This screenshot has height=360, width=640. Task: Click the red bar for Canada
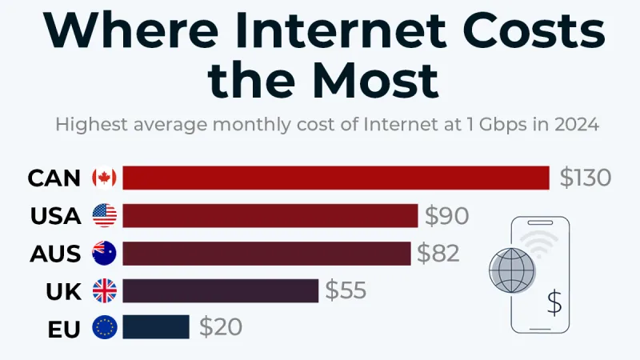[x=336, y=178]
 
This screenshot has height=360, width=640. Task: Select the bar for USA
[x=270, y=216]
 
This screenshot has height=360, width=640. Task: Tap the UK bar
[x=221, y=290]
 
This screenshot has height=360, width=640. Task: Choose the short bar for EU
[x=156, y=327]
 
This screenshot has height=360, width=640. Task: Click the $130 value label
[x=585, y=178]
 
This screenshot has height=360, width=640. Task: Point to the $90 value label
[x=446, y=216]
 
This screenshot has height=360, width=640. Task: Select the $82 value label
[x=438, y=254]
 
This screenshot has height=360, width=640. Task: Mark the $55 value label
[x=346, y=290]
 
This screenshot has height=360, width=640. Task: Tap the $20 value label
[x=220, y=327]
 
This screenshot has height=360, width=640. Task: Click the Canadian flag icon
[x=104, y=178]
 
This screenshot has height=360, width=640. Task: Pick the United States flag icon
[x=104, y=216]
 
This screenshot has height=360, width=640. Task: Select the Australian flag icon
[x=104, y=254]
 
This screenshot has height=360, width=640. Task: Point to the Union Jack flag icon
[x=104, y=290]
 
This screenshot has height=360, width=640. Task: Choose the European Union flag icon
[x=104, y=327]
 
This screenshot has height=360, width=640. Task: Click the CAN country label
[x=54, y=178]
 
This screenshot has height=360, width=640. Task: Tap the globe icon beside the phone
[x=511, y=270]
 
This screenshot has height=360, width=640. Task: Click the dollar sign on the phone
[x=554, y=302]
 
